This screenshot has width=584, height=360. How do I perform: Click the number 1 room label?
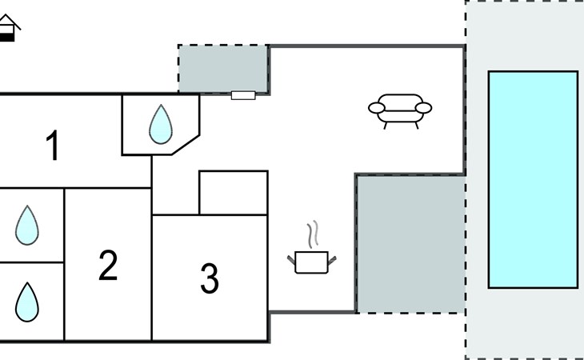tap(54, 146)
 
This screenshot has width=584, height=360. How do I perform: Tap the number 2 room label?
tap(108, 266)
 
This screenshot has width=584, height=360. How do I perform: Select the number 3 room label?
tap(209, 278)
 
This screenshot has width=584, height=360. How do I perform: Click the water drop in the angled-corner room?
tap(161, 124)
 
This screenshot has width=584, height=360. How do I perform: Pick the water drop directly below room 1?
tap(26, 226)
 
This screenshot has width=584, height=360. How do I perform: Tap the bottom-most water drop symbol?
tap(26, 302)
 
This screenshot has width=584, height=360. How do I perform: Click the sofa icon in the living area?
tap(400, 110)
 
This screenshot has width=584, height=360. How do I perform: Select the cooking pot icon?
tap(312, 262)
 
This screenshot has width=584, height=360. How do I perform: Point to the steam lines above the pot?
tap(314, 234)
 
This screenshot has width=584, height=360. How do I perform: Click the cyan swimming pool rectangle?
tap(533, 179)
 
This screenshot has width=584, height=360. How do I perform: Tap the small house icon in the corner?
tap(8, 29)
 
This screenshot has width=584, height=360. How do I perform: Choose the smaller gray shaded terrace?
tap(222, 69)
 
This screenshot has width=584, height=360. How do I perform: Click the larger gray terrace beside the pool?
tap(410, 244)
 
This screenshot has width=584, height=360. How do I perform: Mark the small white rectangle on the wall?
tap(243, 95)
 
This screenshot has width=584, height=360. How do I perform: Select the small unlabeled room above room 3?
tap(233, 193)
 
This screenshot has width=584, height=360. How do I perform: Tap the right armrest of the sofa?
tap(424, 108)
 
